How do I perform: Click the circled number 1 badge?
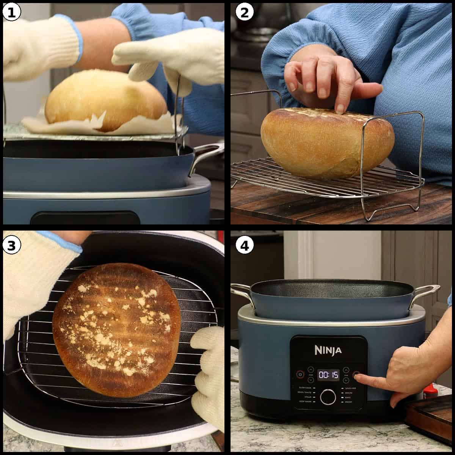pos(12,13)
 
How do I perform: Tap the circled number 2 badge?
pos(245,13)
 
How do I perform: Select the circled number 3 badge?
pos(12,246)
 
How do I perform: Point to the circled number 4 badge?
pos(245,246)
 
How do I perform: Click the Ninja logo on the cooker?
pos(328,350)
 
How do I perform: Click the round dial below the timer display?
pos(328,397)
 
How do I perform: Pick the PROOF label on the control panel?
pos(348,401)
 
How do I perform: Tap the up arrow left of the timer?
pos(311,369)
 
